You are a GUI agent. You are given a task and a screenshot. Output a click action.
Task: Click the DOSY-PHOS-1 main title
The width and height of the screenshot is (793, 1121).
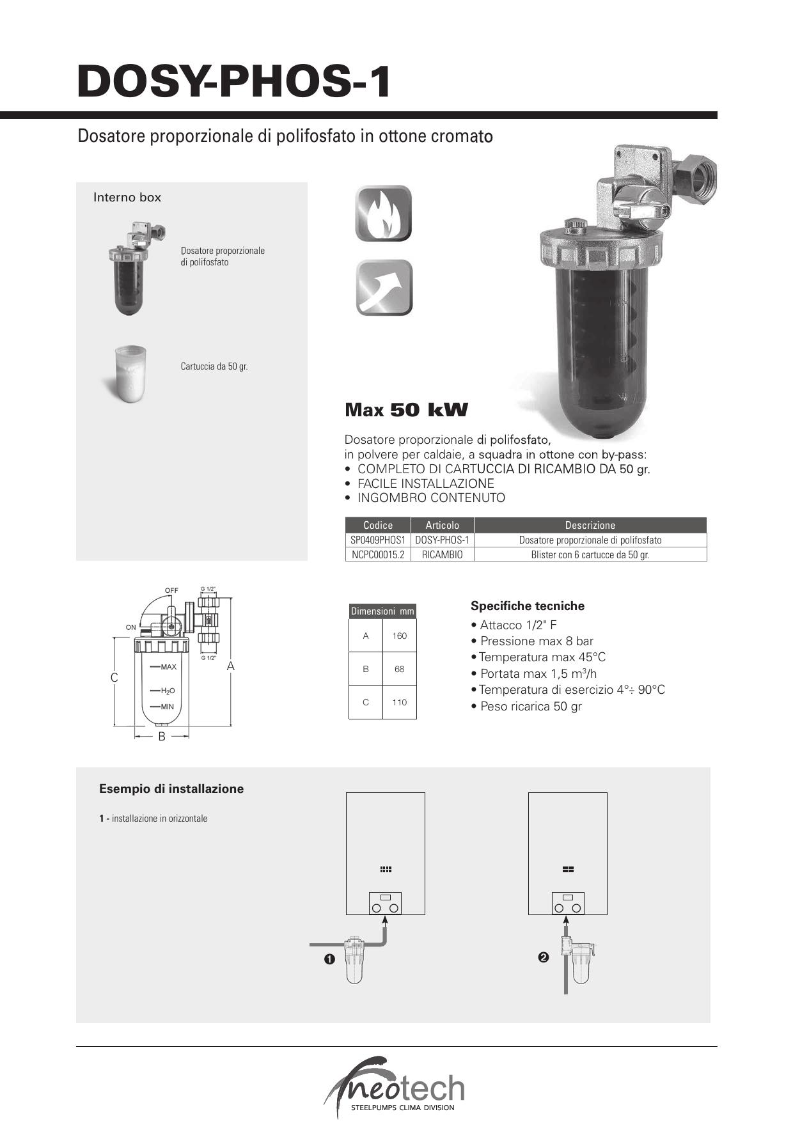(x=233, y=82)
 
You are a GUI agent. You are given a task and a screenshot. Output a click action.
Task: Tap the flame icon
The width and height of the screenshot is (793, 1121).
(x=384, y=214)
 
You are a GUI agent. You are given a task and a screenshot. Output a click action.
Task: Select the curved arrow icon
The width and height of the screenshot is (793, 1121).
(x=384, y=288)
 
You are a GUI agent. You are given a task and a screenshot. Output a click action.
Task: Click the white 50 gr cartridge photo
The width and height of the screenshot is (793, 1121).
(x=130, y=374)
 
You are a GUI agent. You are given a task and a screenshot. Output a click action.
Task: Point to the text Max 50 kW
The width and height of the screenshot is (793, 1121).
(x=406, y=410)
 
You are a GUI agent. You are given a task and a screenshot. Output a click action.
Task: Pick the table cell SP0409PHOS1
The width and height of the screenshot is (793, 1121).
(x=378, y=540)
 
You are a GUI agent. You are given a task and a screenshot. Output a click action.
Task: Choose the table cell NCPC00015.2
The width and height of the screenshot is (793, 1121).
(x=378, y=554)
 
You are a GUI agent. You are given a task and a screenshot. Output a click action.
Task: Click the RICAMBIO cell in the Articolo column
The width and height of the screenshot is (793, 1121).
(x=442, y=554)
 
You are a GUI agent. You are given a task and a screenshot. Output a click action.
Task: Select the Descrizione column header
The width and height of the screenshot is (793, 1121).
(x=590, y=525)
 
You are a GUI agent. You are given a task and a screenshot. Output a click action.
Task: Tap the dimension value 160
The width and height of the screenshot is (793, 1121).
(x=400, y=636)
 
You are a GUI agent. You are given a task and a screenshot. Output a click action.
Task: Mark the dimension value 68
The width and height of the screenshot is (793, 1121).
(x=400, y=669)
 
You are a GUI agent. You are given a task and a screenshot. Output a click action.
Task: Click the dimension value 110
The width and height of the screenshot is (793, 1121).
(x=400, y=702)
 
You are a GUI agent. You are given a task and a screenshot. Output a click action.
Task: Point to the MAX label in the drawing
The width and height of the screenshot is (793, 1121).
(x=168, y=667)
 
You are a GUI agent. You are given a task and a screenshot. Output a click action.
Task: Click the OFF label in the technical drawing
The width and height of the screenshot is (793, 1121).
(x=171, y=590)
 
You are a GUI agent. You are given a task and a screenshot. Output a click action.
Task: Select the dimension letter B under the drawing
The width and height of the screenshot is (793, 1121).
(x=162, y=737)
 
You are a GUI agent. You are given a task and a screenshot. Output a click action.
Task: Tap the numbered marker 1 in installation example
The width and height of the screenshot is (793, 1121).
(x=329, y=959)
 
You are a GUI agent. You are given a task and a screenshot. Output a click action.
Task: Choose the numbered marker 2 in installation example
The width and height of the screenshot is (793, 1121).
(x=544, y=957)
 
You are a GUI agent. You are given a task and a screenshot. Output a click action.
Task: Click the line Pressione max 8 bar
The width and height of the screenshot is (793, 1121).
(x=536, y=641)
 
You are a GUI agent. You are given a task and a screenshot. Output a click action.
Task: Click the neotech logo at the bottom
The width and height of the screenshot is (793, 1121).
(x=396, y=1087)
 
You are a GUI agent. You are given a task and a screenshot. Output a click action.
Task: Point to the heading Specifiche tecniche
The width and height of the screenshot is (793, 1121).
(x=528, y=606)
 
